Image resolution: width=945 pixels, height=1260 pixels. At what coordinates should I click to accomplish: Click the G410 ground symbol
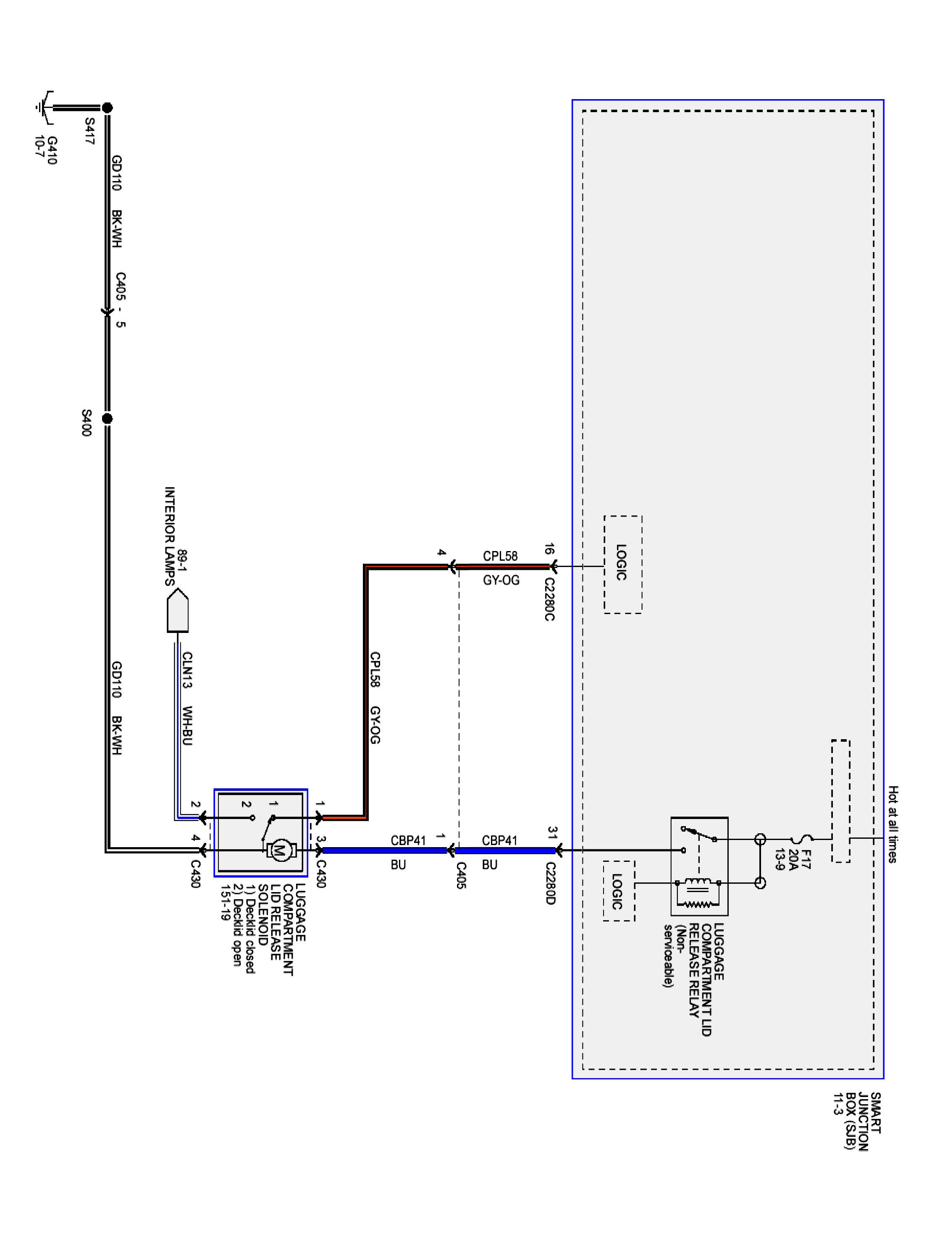(45, 107)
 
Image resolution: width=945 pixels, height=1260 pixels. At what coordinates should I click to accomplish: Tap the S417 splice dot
(107, 107)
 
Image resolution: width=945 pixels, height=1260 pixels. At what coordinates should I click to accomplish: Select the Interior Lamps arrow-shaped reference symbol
(178, 611)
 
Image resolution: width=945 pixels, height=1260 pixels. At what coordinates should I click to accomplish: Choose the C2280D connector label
(550, 883)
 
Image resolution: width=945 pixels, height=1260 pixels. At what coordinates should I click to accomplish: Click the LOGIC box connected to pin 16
(622, 564)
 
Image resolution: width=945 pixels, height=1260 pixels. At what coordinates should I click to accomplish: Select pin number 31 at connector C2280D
(552, 832)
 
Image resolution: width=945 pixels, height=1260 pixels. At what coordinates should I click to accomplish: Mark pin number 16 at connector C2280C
(549, 549)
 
